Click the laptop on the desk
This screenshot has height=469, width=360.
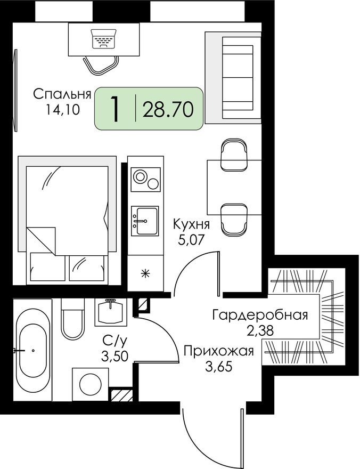pyautogui.click(x=103, y=39)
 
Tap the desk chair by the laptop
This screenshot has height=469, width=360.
pyautogui.click(x=101, y=65)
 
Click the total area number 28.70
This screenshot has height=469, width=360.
pyautogui.click(x=171, y=109)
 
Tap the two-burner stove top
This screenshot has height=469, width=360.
pyautogui.click(x=145, y=179)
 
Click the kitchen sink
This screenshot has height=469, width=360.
pyautogui.click(x=145, y=221)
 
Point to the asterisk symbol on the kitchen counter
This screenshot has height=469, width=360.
pyautogui.click(x=144, y=275)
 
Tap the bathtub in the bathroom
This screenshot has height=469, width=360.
pyautogui.click(x=33, y=350)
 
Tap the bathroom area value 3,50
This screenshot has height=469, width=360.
pyautogui.click(x=116, y=356)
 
